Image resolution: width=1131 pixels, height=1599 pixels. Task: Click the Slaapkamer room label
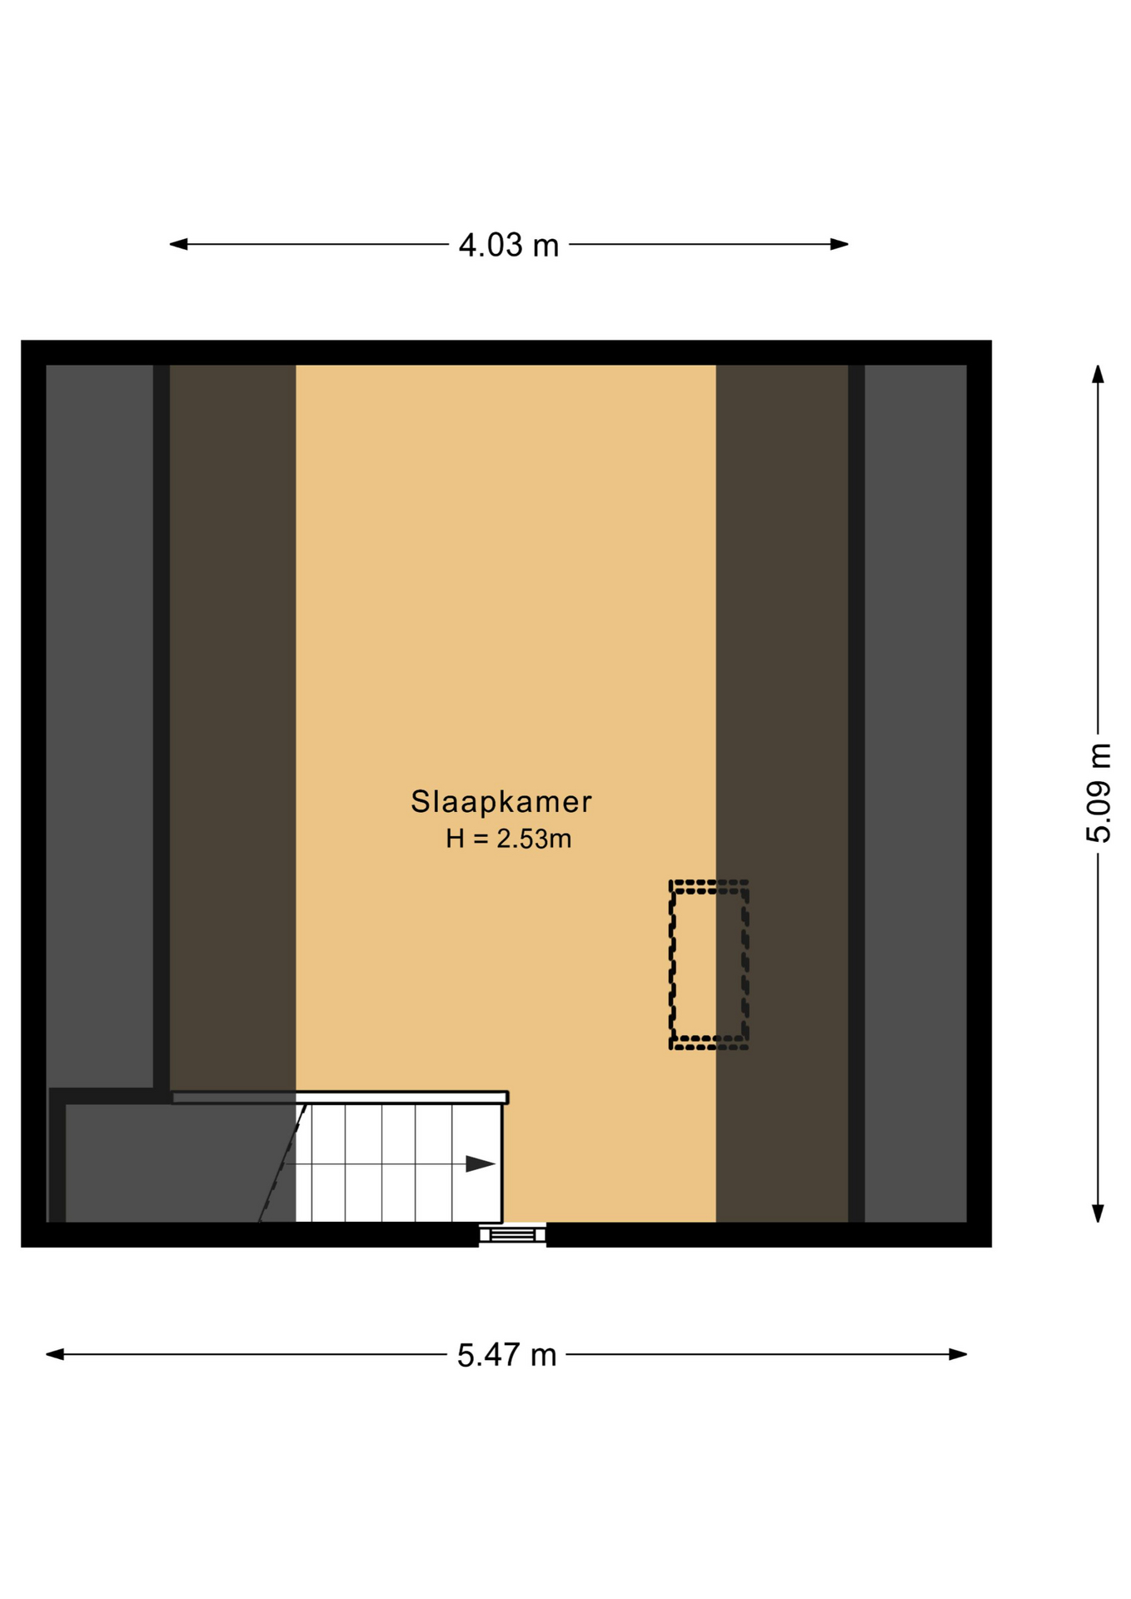pos(501,801)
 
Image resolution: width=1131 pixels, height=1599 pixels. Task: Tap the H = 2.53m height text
pos(508,838)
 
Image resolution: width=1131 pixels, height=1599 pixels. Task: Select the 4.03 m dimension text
pos(508,245)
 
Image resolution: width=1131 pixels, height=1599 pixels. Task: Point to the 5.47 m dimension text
pos(506,1355)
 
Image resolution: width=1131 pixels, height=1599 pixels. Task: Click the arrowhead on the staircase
pos(481,1163)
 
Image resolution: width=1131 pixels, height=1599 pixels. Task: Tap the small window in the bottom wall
pos(512,1234)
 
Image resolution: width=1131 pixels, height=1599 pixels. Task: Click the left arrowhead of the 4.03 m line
pos(178,244)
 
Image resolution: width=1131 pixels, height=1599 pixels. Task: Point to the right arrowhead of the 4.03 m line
pos(840,244)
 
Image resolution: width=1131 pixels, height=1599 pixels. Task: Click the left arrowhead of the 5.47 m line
pos(55,1354)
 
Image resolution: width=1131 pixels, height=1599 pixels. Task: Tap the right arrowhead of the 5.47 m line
pos(958,1354)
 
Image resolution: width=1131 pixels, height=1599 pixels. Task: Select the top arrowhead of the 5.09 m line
pos(1098,374)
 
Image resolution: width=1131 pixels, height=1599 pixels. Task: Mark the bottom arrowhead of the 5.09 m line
pos(1098,1213)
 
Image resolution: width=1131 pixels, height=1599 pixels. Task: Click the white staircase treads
pos(399,1163)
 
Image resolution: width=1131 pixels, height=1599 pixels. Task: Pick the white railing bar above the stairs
pos(340,1097)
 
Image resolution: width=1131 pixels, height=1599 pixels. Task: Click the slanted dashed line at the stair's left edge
pos(282,1163)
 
